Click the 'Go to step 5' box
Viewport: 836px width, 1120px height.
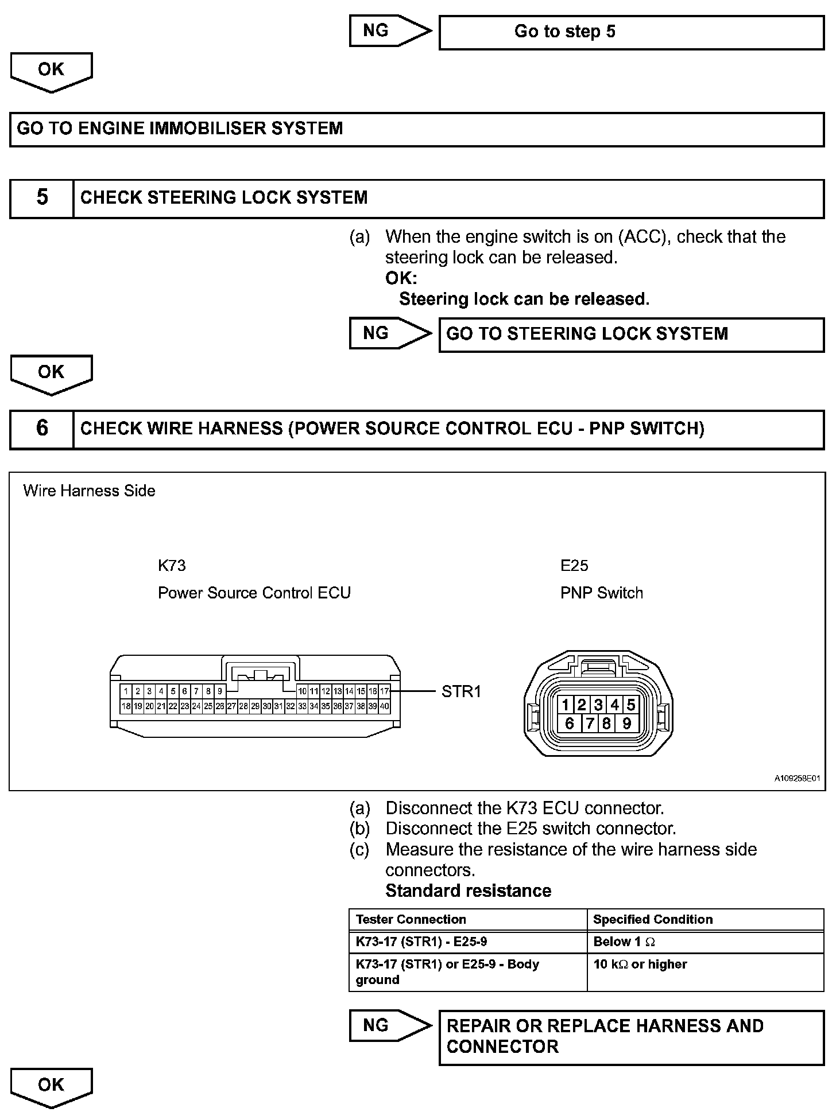631,32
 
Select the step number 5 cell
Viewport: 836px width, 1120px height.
42,198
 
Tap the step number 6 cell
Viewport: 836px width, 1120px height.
42,429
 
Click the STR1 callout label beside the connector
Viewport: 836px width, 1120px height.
461,692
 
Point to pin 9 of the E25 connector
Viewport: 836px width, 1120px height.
626,724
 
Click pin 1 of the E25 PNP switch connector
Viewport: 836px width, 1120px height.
566,705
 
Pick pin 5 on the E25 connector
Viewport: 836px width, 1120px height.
630,705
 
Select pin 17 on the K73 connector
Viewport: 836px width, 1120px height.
385,692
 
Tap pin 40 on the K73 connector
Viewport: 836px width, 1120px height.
385,706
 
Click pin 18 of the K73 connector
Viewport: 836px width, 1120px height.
126,706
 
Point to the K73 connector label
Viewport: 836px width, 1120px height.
172,566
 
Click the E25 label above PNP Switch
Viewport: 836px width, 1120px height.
574,566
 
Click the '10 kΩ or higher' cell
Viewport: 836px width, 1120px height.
640,965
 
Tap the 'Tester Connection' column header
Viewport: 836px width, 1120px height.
411,920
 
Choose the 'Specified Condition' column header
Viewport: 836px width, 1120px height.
652,920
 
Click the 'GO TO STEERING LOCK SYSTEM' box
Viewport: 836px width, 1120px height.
631,335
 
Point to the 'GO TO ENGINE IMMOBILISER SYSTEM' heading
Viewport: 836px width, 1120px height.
180,129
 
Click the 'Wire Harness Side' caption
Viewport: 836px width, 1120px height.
89,491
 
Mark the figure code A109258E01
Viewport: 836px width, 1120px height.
797,779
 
